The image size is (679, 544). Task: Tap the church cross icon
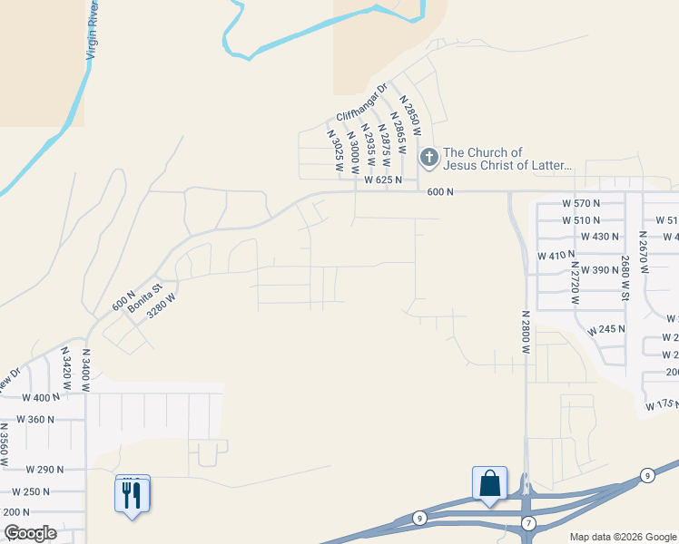click(x=428, y=159)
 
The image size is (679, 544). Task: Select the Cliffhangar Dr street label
click(x=361, y=103)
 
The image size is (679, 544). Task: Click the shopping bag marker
click(x=489, y=483)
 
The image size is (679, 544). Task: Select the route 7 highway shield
click(x=529, y=523)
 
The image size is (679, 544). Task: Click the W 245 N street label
click(x=606, y=330)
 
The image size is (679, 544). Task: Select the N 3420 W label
click(x=65, y=368)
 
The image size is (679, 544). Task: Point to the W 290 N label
click(x=44, y=470)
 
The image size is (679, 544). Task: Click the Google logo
click(x=30, y=533)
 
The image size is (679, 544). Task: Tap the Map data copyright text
click(x=623, y=537)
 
